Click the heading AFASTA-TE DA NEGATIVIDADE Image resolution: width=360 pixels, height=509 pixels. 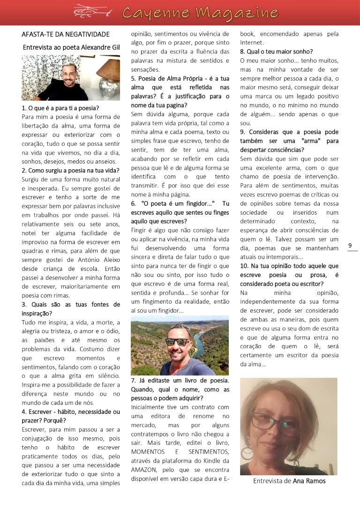(66, 34)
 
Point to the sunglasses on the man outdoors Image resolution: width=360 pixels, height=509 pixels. (178, 342)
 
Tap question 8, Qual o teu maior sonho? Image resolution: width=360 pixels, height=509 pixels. (277, 52)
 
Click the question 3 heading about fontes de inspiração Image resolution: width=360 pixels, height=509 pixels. (71, 304)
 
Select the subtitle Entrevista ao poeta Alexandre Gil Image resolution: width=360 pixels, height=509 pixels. (71, 47)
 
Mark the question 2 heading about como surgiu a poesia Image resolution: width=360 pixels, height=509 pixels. (71, 170)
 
